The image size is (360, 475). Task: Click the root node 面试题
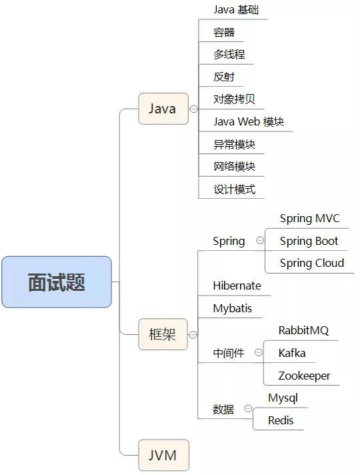click(56, 282)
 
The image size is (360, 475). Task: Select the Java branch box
click(163, 109)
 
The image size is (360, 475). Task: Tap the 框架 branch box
click(163, 334)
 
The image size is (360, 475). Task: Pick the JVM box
click(163, 456)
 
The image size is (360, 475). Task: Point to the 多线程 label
click(224, 55)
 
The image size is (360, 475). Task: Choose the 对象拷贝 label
click(234, 99)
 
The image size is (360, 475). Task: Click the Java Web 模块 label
click(249, 122)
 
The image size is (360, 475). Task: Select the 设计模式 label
click(234, 189)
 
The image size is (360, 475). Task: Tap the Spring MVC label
click(309, 218)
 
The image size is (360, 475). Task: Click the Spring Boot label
click(309, 241)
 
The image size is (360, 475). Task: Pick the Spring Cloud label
click(312, 263)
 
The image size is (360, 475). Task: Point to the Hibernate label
click(237, 286)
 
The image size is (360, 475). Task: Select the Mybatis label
click(233, 308)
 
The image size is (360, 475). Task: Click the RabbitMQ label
click(303, 330)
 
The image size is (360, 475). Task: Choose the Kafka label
click(292, 353)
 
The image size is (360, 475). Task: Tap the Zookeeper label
click(304, 376)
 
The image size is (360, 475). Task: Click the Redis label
click(281, 420)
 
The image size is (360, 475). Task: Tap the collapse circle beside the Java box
click(193, 109)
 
